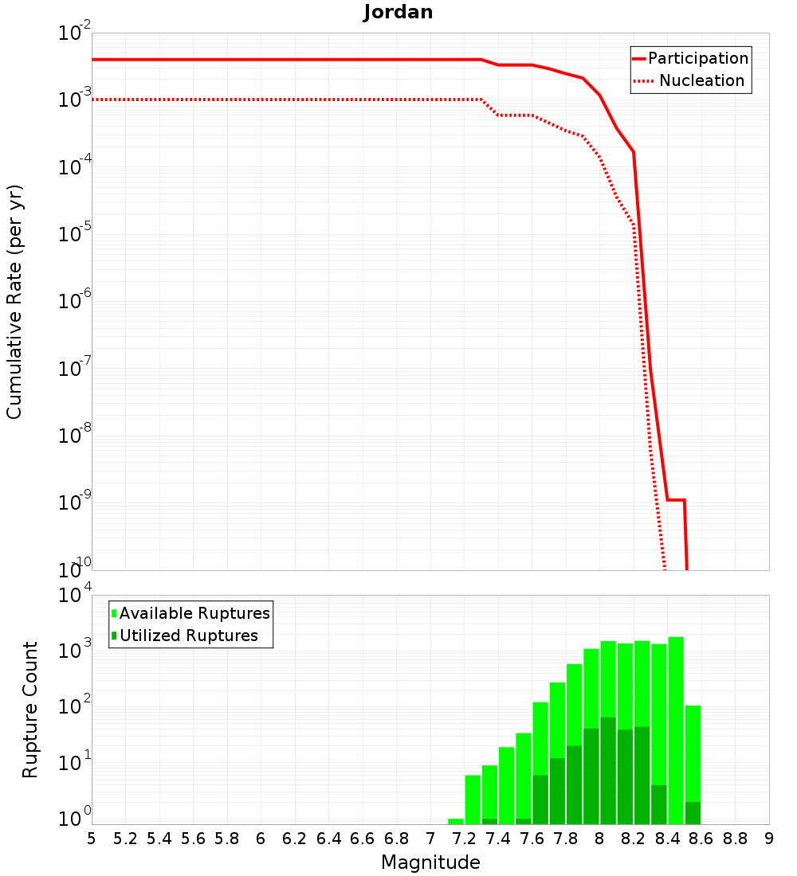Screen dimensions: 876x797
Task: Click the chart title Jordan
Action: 398,12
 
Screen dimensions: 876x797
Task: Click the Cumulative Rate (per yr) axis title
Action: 14,302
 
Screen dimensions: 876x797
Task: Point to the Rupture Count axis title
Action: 30,709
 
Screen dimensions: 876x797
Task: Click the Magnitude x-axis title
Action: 430,862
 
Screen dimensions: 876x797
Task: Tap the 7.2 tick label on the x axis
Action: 464,839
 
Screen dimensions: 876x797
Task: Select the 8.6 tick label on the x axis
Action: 701,839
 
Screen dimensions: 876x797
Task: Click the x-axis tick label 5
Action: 92,839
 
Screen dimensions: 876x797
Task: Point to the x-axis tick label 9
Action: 769,839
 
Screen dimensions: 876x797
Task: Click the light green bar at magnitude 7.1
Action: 456,821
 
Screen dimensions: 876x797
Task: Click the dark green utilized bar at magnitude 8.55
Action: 693,813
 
